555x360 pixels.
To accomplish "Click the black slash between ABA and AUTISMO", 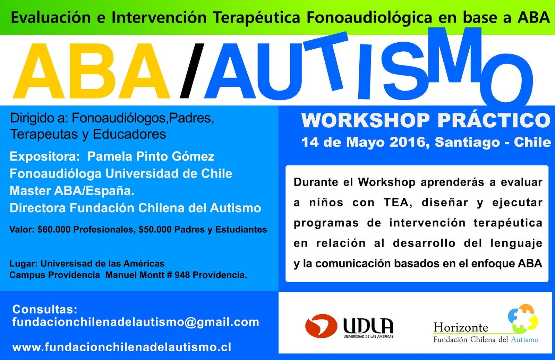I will tap(192, 70).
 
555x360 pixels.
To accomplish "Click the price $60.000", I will tap(54, 230).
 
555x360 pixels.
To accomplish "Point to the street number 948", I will tap(182, 275).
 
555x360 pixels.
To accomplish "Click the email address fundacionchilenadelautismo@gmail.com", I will tap(136, 322).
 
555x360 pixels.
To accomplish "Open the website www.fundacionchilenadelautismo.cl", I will tap(122, 347).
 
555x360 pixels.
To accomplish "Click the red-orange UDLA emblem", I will tap(321, 326).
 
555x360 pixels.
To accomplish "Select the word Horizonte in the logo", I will tap(461, 327).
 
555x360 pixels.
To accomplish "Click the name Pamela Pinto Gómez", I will tap(151, 156).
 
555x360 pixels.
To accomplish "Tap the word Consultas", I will tap(45, 309).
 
